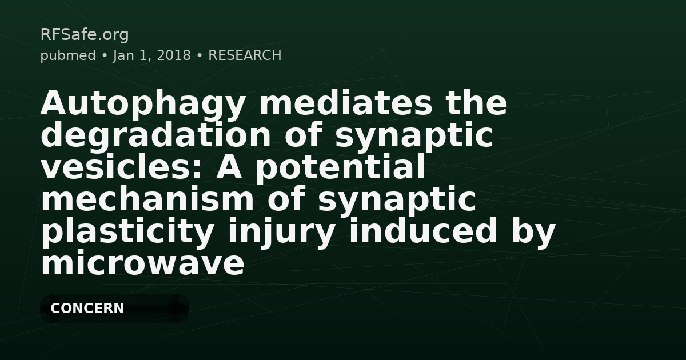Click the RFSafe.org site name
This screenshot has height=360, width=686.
pyautogui.click(x=85, y=35)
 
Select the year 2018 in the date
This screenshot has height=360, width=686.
pyautogui.click(x=174, y=55)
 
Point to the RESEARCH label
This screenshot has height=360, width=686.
pyautogui.click(x=245, y=55)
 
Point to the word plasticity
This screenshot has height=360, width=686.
pyautogui.click(x=127, y=231)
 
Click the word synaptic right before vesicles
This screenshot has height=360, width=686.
pyautogui.click(x=414, y=135)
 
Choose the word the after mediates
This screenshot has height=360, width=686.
pyautogui.click(x=477, y=103)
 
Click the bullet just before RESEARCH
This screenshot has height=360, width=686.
pyautogui.click(x=199, y=55)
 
